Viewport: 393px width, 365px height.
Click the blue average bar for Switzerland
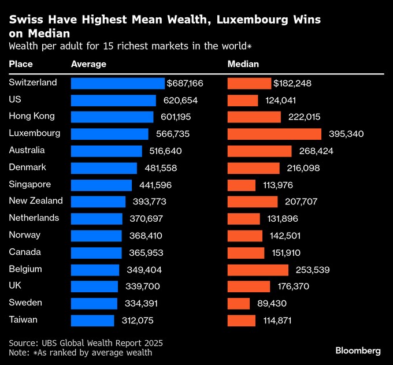coord(117,84)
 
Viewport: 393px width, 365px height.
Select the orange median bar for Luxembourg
coord(274,134)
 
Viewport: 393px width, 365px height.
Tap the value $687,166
coord(185,84)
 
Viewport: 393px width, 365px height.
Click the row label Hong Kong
coord(32,116)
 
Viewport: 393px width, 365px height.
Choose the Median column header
coord(243,64)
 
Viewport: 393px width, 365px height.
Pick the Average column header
coord(88,64)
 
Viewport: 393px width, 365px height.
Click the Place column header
coord(21,64)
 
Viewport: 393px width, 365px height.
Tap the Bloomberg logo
coord(358,351)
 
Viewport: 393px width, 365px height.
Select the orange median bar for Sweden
coord(239,303)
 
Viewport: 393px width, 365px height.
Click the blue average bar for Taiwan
coord(92,321)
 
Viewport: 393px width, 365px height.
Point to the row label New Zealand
coord(36,201)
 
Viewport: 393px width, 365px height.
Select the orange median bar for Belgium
coord(258,270)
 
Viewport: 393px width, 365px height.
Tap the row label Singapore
coord(29,184)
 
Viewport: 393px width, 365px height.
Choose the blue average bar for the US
coord(113,100)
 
